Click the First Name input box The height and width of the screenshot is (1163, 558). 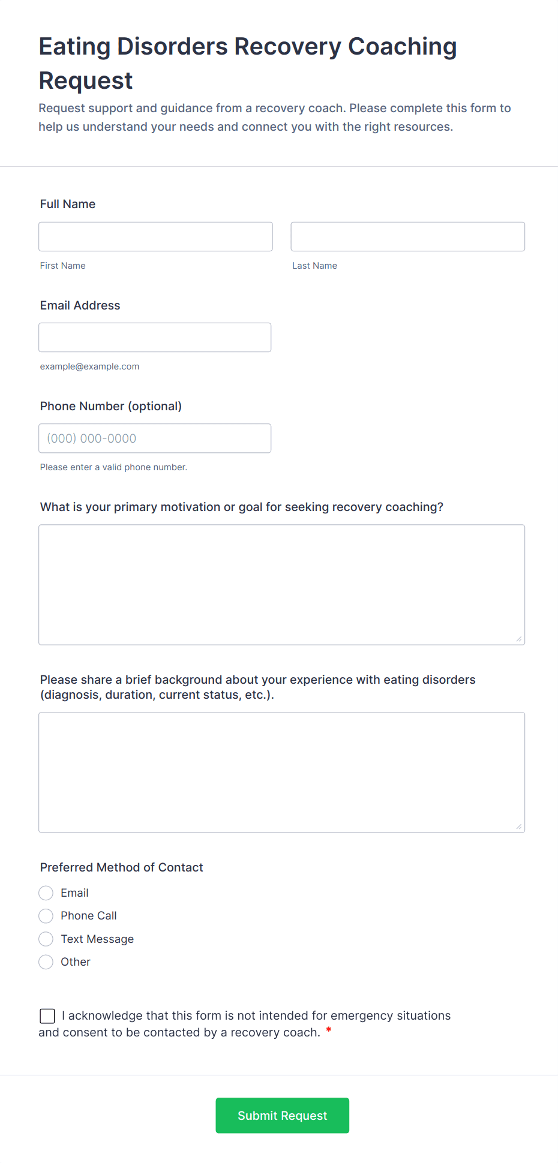[x=155, y=237]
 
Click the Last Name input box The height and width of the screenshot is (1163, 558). [x=407, y=237]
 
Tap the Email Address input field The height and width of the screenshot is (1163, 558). [x=155, y=338]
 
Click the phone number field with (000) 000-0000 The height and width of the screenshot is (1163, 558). [x=155, y=438]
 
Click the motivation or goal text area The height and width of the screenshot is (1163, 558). [x=281, y=585]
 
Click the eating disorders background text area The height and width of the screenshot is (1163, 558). [x=281, y=773]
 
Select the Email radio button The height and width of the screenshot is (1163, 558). [x=46, y=893]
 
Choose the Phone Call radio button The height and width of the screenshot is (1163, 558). [x=46, y=916]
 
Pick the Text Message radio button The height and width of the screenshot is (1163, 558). [x=46, y=939]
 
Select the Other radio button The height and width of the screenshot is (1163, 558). [x=46, y=962]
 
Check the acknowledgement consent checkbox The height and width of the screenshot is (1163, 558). [x=47, y=1015]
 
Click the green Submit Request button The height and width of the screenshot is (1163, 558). [x=282, y=1116]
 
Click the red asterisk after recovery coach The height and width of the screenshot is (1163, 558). [x=329, y=1030]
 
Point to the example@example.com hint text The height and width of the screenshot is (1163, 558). [x=89, y=366]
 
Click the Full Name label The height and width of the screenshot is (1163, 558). [x=68, y=204]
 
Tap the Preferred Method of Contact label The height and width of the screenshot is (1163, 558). [x=121, y=867]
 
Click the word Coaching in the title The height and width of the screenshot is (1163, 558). [x=402, y=47]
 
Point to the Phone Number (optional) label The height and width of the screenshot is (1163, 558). [x=110, y=406]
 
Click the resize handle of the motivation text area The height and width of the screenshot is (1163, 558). [x=519, y=639]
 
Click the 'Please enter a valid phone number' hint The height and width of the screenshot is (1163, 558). [x=113, y=467]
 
